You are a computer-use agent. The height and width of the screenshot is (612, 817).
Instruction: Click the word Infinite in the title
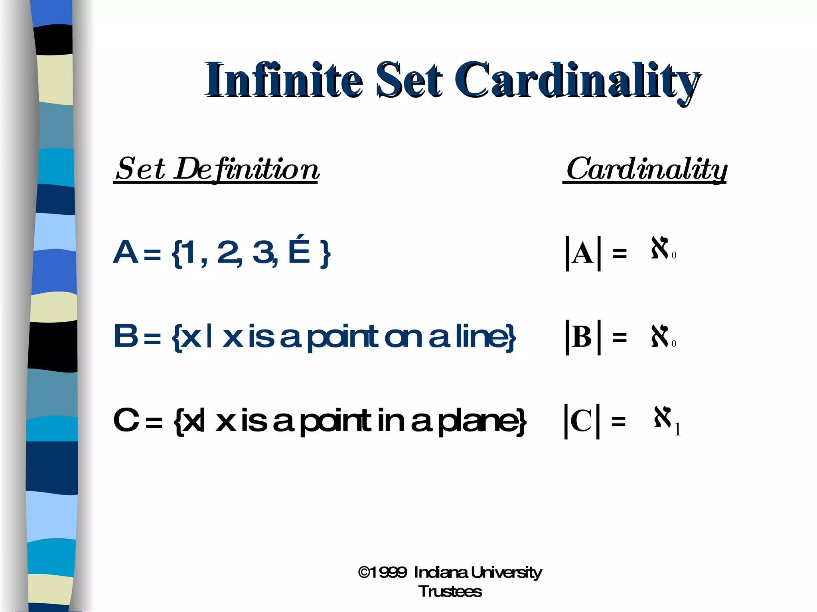(284, 80)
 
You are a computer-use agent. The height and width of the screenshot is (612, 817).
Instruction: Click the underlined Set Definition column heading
(217, 169)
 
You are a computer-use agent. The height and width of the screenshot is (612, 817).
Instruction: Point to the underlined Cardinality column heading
(646, 169)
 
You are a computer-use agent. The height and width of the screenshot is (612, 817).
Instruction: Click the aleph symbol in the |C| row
(662, 417)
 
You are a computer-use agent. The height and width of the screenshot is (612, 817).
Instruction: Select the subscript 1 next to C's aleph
(677, 429)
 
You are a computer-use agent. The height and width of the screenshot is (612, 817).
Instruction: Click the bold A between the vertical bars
(583, 253)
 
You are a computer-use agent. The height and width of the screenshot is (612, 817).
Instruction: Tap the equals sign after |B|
(619, 338)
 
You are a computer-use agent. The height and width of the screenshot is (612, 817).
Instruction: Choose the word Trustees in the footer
(450, 592)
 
